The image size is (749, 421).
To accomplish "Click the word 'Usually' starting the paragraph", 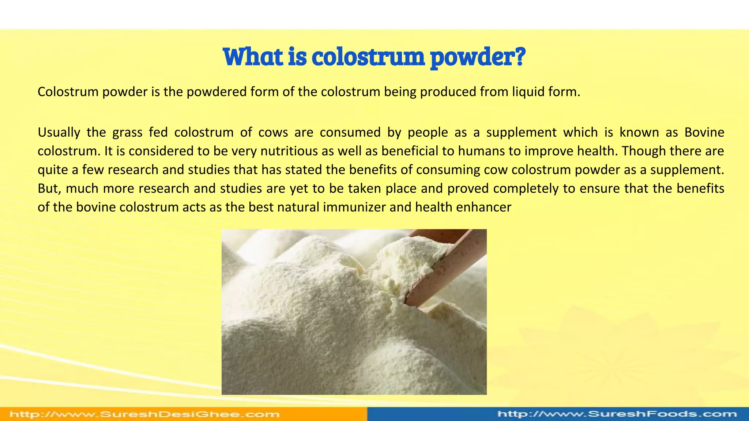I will (x=59, y=132).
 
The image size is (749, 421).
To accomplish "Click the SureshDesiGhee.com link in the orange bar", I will (x=145, y=414).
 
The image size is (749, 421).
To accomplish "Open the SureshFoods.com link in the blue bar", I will (x=617, y=414).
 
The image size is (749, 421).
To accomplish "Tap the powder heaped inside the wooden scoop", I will (x=410, y=256).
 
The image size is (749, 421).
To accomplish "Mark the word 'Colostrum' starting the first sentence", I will (x=68, y=92).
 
